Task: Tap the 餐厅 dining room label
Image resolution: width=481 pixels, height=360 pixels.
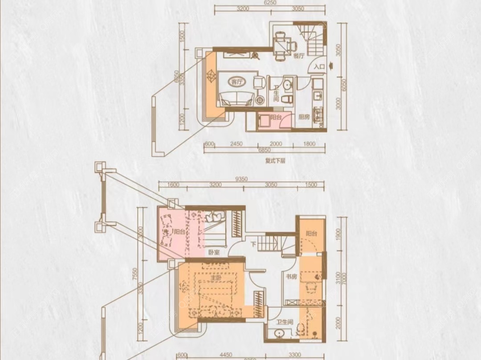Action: tap(298, 56)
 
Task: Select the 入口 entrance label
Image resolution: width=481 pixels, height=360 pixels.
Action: tap(319, 67)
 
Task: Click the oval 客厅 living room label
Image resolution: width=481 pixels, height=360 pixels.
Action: tap(237, 82)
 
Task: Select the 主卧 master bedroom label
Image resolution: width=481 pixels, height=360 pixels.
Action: tap(216, 278)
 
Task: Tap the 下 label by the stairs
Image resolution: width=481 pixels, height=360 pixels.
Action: tap(253, 244)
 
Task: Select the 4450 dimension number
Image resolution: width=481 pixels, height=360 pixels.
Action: tap(214, 355)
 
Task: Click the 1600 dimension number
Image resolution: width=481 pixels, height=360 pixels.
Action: tap(173, 184)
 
